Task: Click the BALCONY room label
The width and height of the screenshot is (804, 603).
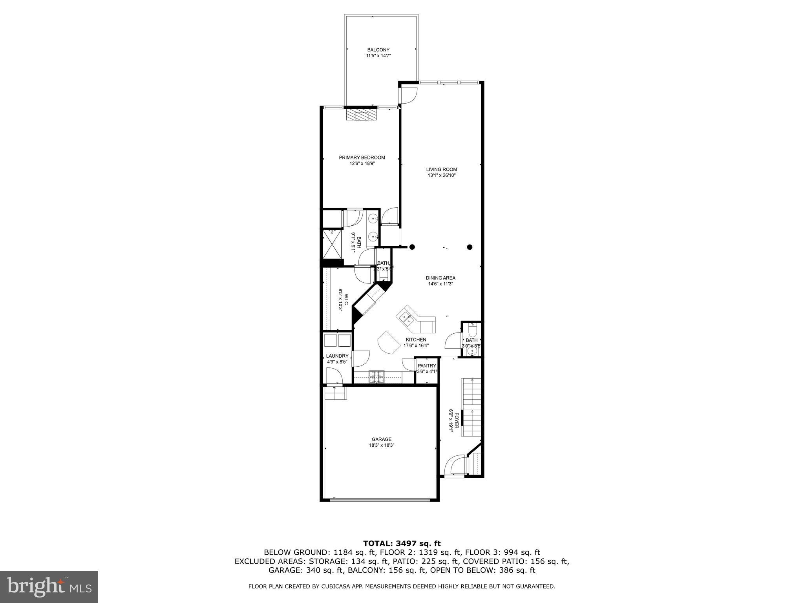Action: [378, 50]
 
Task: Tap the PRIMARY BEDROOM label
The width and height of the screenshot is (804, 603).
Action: [362, 157]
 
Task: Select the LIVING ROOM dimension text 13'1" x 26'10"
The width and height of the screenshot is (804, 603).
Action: [442, 175]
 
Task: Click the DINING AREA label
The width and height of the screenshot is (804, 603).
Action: [440, 278]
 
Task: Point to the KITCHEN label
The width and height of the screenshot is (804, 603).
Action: [416, 340]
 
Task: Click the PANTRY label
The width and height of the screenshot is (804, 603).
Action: [427, 365]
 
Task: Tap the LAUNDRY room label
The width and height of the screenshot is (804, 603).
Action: [337, 356]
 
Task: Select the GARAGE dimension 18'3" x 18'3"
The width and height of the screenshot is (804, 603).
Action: [382, 446]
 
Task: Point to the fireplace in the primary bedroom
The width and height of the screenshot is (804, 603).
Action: [361, 115]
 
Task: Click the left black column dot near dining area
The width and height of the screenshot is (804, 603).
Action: [412, 247]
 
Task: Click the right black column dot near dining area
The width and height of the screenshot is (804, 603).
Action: [470, 247]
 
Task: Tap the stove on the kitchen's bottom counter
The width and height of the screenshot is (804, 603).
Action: [377, 377]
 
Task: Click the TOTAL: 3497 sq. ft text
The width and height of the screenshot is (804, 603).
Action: [402, 543]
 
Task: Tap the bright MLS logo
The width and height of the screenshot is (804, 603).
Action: [49, 587]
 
